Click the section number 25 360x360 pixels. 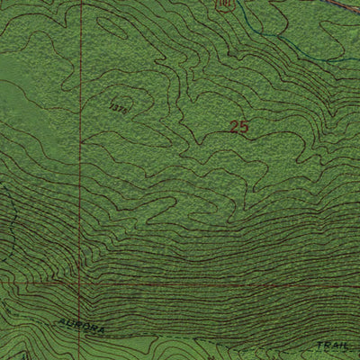point(238,128)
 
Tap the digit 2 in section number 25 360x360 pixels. point(234,128)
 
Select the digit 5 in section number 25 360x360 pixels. point(243,128)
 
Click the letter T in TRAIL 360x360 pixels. point(319,346)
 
